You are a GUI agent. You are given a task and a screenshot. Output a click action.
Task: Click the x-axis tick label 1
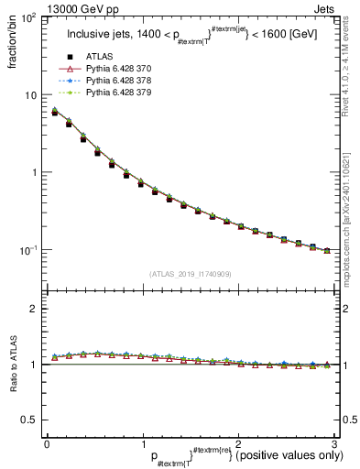pos(142,442)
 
